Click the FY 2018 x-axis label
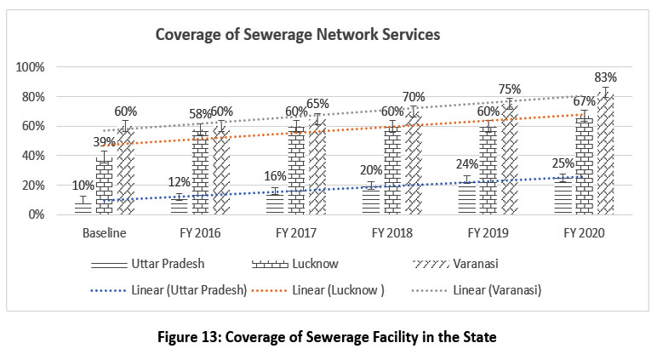click(x=391, y=231)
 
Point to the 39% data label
click(x=103, y=141)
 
